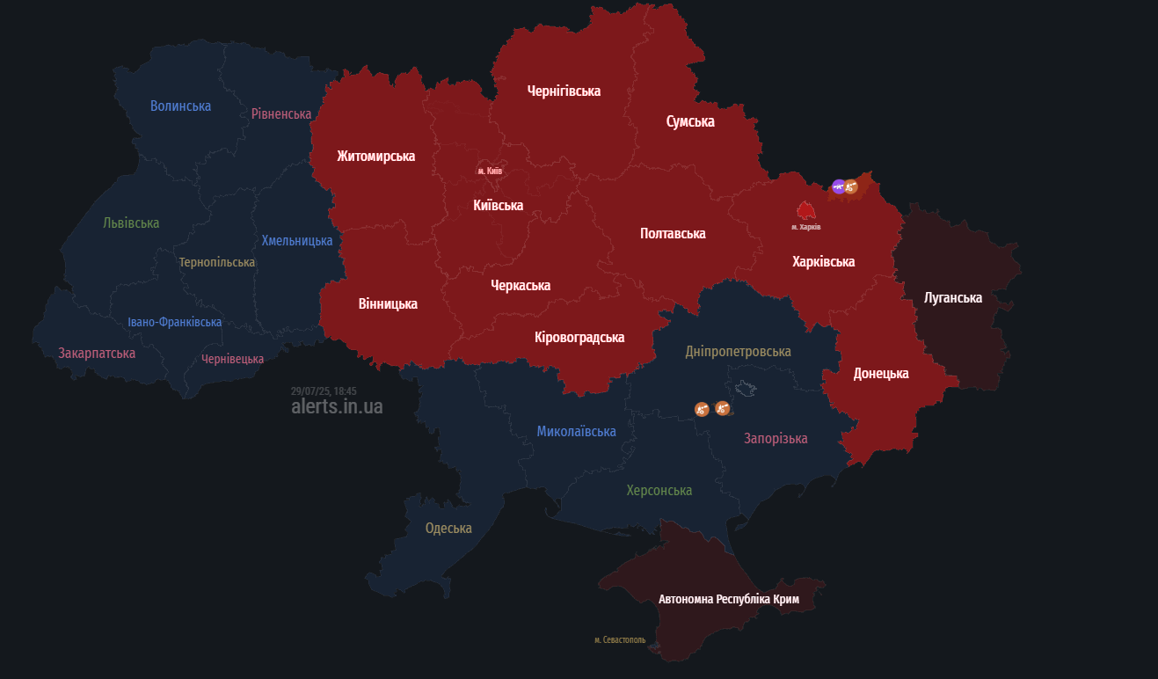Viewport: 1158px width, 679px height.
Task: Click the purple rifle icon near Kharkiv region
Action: click(x=839, y=186)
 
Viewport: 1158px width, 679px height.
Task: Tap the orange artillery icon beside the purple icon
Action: click(x=851, y=186)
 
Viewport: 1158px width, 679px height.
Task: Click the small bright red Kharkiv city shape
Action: click(x=805, y=211)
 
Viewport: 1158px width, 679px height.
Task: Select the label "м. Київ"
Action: click(x=490, y=171)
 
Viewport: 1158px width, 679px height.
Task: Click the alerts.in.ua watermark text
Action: click(x=337, y=407)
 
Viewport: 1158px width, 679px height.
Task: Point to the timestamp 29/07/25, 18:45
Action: click(x=324, y=391)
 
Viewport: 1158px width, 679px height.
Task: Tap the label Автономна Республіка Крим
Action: click(x=729, y=599)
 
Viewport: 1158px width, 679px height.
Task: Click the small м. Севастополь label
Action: click(x=620, y=640)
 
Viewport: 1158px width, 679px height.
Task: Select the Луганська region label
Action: click(x=953, y=297)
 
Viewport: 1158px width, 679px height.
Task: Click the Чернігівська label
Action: click(x=564, y=91)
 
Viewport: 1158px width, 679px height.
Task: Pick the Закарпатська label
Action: click(x=97, y=353)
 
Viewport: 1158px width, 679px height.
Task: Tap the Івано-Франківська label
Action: click(x=174, y=322)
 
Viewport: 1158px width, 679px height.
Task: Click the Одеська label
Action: click(x=448, y=529)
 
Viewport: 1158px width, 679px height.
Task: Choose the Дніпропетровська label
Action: click(x=738, y=351)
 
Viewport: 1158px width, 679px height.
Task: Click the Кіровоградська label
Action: click(x=579, y=337)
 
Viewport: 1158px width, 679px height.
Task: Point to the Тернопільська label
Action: click(x=216, y=262)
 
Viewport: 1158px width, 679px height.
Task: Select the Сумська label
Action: click(x=690, y=121)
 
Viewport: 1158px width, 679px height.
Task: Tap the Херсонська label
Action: click(x=659, y=490)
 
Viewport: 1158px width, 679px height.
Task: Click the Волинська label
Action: click(x=180, y=106)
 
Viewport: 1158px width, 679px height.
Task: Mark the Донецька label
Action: click(x=881, y=373)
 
